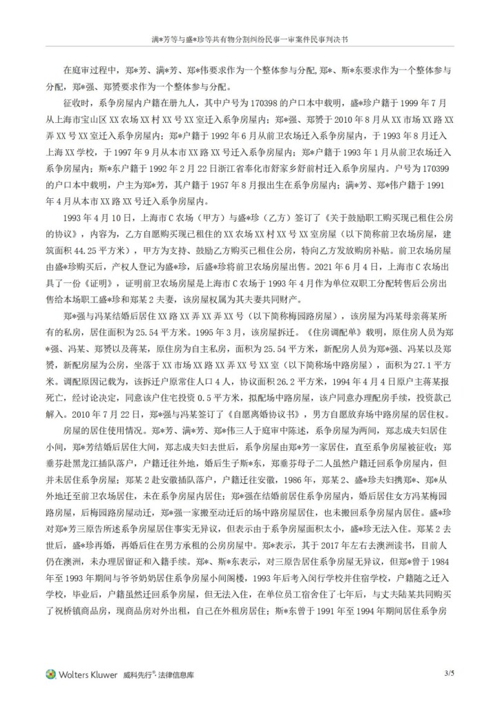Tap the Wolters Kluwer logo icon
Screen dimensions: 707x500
(x=50, y=673)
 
